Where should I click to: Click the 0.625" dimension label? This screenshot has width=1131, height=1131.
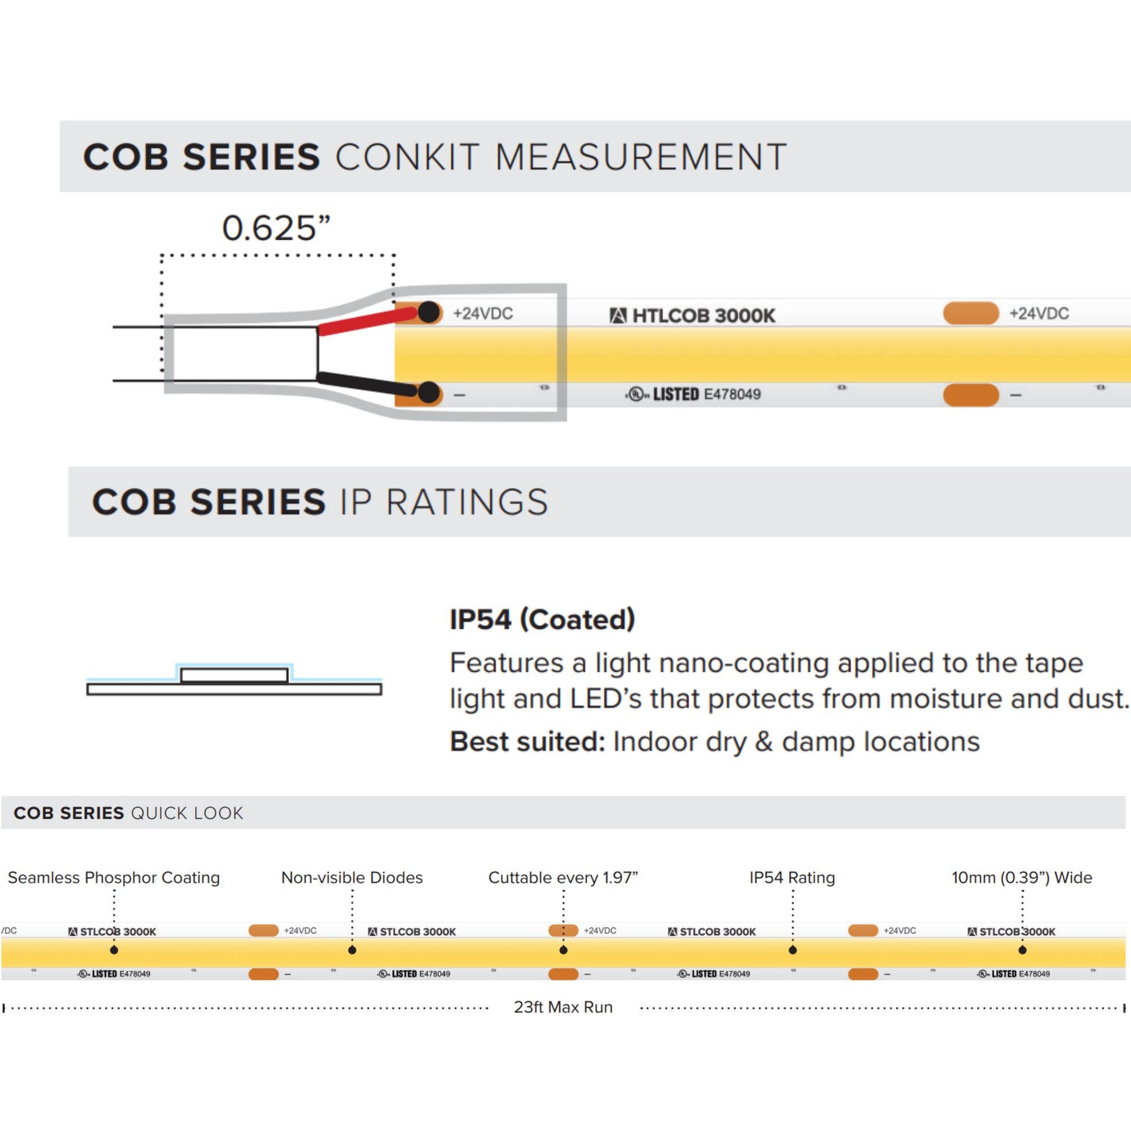(275, 228)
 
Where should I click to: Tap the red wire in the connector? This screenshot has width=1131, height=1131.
(366, 321)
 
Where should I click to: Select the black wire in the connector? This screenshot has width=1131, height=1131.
(366, 384)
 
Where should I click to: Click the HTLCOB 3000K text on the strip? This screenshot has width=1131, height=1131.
(693, 316)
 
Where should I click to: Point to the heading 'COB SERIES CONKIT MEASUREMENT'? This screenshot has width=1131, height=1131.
(434, 157)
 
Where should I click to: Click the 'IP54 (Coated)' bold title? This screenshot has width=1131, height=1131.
(542, 620)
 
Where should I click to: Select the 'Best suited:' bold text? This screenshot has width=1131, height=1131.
(527, 742)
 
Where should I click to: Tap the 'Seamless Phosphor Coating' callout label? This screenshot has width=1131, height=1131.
(113, 878)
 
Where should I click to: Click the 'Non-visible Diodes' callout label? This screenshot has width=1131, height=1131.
(352, 878)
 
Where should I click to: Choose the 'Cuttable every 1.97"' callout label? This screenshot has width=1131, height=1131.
(563, 878)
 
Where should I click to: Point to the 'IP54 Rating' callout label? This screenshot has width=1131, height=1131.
(792, 878)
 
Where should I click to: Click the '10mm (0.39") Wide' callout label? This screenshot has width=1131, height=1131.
(1022, 878)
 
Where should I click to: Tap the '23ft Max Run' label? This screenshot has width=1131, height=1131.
(563, 1007)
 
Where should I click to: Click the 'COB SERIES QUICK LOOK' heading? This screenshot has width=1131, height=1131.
(128, 813)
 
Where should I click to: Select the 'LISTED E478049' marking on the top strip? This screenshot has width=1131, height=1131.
(694, 394)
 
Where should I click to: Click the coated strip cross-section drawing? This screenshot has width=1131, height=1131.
(234, 681)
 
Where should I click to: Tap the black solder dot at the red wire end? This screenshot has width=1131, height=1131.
(429, 312)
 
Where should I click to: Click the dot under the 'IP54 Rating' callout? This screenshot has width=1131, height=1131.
(793, 950)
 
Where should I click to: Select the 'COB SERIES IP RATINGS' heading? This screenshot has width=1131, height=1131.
(320, 502)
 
